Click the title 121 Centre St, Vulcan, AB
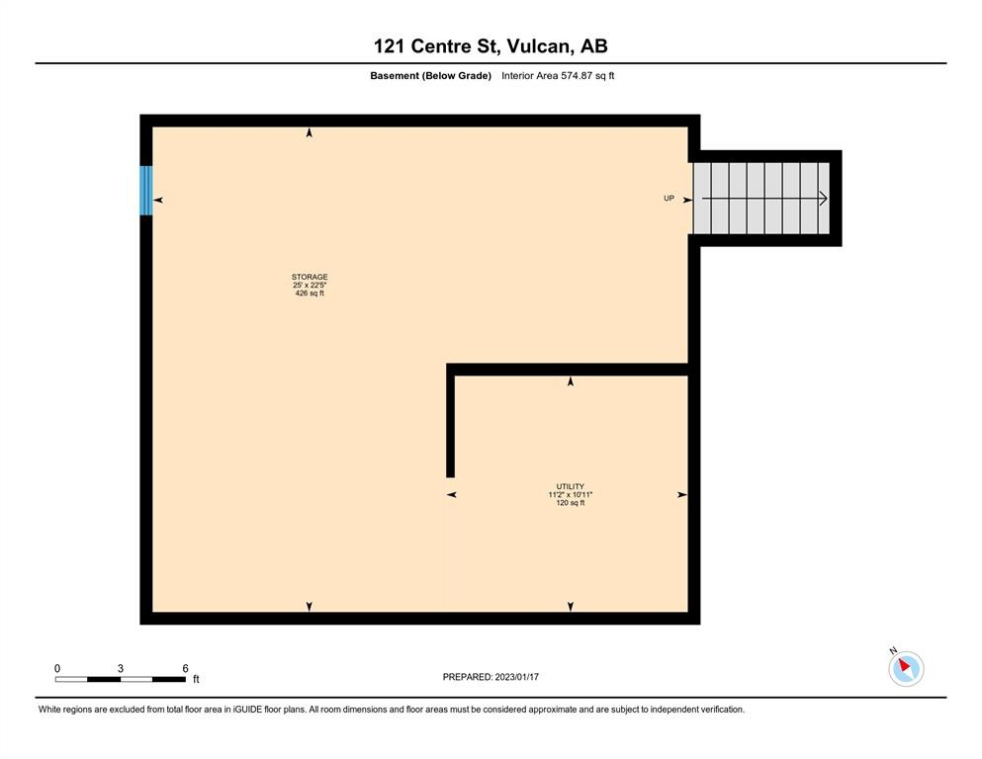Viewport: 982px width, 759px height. (491, 45)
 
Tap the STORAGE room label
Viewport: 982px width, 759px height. (310, 277)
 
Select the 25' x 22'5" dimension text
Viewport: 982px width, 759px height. (310, 285)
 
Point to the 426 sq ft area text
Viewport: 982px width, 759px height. (310, 294)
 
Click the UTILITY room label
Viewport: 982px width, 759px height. (571, 486)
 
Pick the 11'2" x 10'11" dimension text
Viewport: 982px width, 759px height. (571, 494)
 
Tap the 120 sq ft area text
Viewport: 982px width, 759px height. (571, 503)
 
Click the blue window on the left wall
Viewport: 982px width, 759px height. (146, 190)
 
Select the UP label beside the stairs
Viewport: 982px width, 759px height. (669, 199)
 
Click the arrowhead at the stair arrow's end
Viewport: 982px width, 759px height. (823, 199)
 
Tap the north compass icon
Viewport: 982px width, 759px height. (906, 668)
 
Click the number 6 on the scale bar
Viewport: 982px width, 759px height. (185, 669)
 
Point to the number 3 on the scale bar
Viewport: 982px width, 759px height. (121, 669)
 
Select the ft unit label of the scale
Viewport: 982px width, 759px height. (196, 680)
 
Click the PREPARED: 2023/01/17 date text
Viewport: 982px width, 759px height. (491, 677)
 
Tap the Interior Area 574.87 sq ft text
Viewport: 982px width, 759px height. (558, 76)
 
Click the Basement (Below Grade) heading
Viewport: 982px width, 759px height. (430, 76)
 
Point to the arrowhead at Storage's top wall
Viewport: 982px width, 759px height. (310, 132)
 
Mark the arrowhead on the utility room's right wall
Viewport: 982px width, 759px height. (681, 494)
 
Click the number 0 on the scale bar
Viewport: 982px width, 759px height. (57, 669)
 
